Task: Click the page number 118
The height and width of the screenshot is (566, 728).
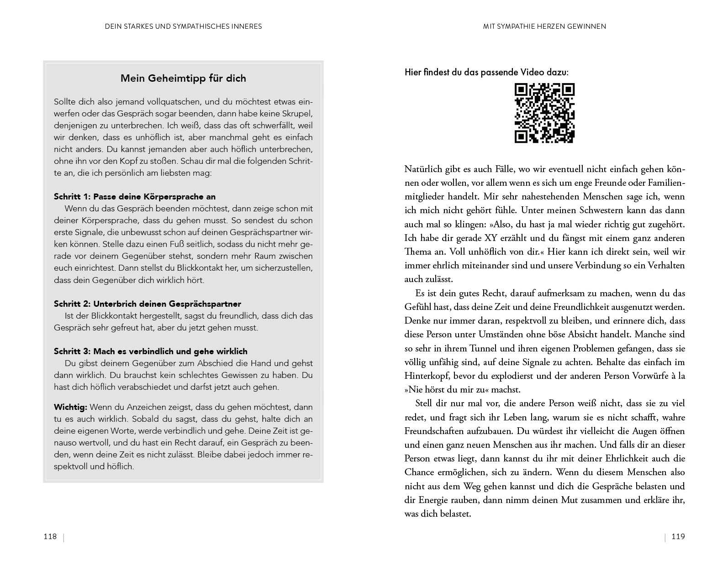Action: pyautogui.click(x=50, y=536)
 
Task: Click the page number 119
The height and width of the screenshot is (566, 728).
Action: pyautogui.click(x=678, y=537)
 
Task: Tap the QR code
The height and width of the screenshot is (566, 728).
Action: pyautogui.click(x=544, y=113)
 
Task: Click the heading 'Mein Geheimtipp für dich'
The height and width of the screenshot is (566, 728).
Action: pyautogui.click(x=183, y=78)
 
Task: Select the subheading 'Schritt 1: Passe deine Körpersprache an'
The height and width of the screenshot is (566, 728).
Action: pyautogui.click(x=135, y=197)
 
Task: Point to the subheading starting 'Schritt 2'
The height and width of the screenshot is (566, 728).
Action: pyautogui.click(x=148, y=304)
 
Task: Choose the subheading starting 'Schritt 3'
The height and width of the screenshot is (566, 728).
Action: pyautogui.click(x=151, y=351)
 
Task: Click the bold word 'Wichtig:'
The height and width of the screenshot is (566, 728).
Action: pyautogui.click(x=71, y=407)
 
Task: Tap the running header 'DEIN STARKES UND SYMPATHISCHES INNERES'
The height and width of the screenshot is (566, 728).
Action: pyautogui.click(x=183, y=26)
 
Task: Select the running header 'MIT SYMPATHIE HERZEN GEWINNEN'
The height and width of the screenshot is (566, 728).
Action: pyautogui.click(x=544, y=26)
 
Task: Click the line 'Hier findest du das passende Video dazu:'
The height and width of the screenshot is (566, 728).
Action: pyautogui.click(x=487, y=72)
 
